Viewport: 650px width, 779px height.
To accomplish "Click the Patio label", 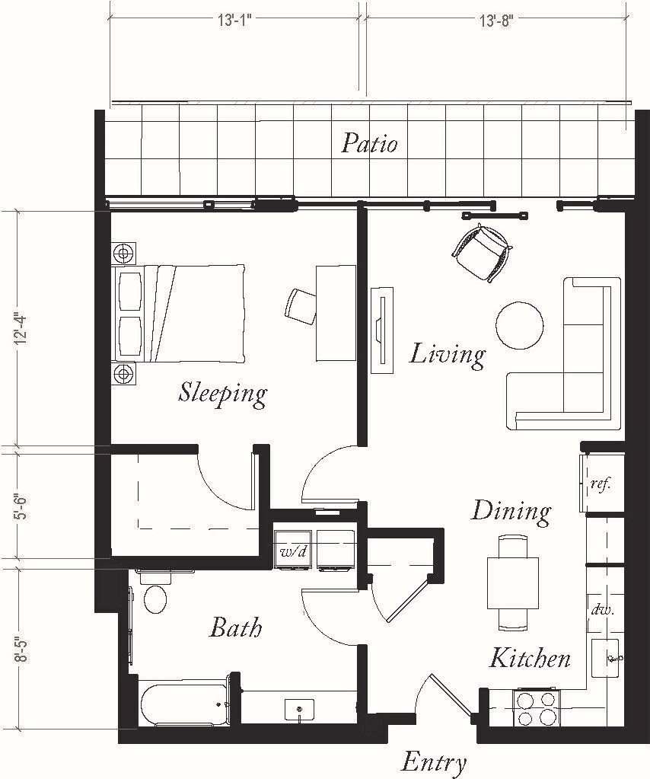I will coord(369,142).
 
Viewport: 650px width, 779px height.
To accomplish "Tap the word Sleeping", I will coord(223,393).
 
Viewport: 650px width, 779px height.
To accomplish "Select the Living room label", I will coord(448,354).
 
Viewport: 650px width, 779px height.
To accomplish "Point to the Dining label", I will coord(511,510).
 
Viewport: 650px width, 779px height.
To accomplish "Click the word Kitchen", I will coord(530,657).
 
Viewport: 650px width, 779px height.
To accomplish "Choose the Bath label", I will coord(235,627).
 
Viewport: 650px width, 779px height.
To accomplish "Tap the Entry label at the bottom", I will coord(433,761).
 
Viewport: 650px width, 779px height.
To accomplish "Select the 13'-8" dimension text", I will coord(496,21).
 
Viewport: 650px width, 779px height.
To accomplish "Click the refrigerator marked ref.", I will coord(601,484).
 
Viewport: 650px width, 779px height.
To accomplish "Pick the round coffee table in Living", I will coord(520,325).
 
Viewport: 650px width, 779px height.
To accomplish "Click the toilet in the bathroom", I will coord(155,599).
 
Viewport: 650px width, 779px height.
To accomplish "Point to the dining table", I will coord(512,583).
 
